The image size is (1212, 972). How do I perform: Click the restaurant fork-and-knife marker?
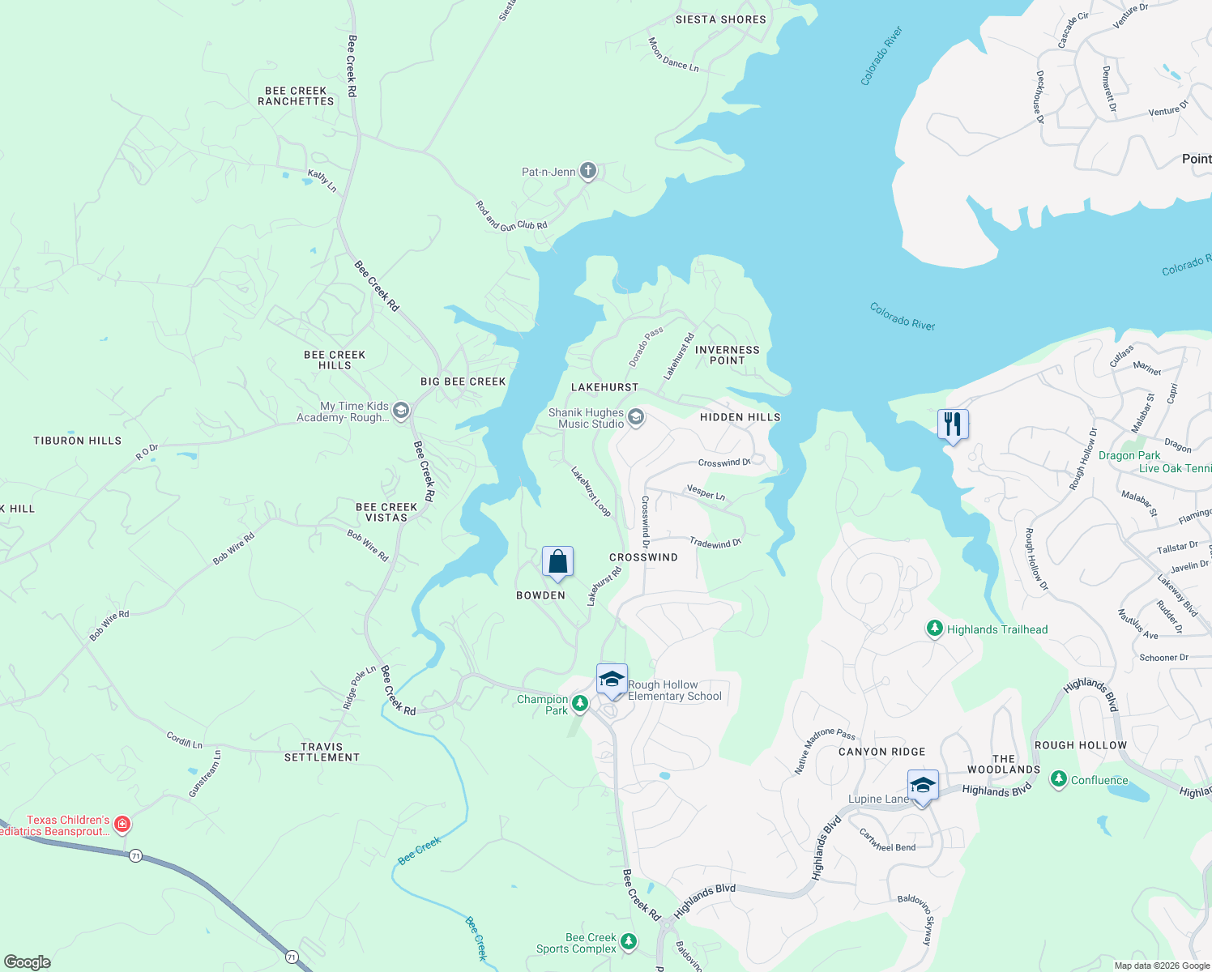tap(953, 424)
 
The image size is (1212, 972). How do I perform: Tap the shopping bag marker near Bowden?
tap(557, 561)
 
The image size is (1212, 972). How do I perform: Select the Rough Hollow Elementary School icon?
tap(612, 679)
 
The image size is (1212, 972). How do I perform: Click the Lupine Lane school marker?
tap(923, 785)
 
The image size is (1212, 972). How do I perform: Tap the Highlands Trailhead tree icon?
tap(935, 629)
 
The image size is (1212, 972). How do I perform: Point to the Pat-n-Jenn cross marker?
tap(588, 171)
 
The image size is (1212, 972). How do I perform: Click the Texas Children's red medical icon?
tap(122, 825)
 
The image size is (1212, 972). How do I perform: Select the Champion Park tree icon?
tap(580, 703)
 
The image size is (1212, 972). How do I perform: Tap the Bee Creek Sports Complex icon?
tap(629, 942)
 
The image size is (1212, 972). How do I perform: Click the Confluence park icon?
tap(1059, 779)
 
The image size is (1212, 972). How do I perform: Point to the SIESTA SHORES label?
tap(720, 19)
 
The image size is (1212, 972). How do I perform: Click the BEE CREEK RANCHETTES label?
tap(296, 96)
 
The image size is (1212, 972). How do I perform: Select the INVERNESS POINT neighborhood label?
tap(727, 355)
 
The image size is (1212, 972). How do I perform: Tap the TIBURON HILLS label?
tap(77, 441)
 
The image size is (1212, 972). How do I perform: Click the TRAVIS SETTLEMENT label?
tap(322, 752)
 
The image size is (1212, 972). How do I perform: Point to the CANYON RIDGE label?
tap(881, 752)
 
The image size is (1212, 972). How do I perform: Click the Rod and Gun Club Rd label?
tap(511, 216)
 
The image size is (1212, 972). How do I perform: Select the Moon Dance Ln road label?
tap(673, 55)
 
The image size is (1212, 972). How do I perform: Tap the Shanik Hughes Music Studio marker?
tap(636, 418)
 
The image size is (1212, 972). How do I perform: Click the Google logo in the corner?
tap(28, 961)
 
